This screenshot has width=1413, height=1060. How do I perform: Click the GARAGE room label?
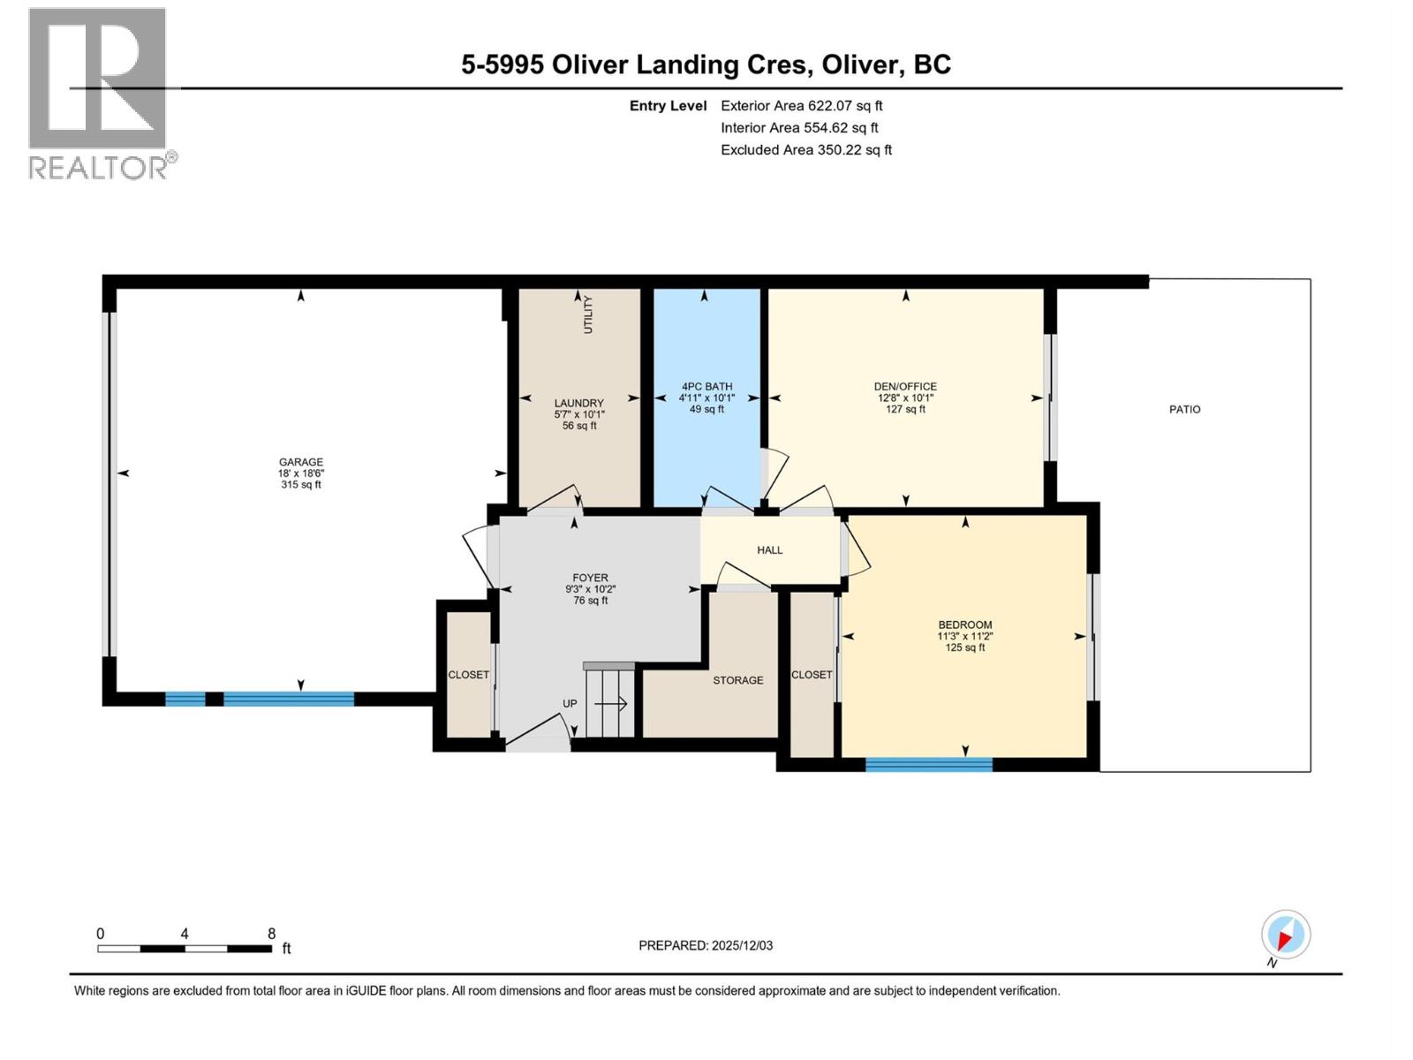301,462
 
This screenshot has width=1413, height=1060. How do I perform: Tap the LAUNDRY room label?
579,404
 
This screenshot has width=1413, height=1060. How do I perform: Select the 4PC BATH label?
707,387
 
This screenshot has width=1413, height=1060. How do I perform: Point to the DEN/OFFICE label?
905,387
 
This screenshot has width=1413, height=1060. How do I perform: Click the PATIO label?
1184,410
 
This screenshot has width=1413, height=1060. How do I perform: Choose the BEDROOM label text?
964,625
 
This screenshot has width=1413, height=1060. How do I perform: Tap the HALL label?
770,550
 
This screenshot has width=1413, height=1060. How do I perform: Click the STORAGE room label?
738,680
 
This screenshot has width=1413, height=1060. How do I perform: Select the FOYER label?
590,579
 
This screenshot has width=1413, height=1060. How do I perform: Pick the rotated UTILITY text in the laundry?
588,315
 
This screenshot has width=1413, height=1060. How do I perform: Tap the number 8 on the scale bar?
272,934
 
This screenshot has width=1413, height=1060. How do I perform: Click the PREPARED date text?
706,945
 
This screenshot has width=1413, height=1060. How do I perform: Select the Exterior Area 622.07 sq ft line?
801,106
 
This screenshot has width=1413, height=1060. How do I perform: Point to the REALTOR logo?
98,93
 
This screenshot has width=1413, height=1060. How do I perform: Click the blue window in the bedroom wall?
929,765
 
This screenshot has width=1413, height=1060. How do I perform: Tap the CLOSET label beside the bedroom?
812,675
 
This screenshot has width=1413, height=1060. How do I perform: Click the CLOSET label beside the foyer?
468,675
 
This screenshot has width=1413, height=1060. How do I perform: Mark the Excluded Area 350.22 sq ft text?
805,150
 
